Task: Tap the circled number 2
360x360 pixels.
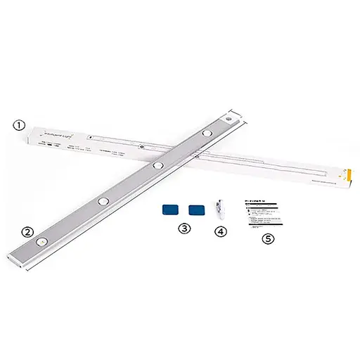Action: (27, 231)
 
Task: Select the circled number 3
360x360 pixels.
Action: (184, 229)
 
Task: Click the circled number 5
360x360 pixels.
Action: (267, 238)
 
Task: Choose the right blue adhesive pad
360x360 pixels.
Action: (196, 209)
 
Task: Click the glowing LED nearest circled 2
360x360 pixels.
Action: (44, 240)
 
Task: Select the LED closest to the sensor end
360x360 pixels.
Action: (207, 132)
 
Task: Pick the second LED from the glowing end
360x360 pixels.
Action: (103, 201)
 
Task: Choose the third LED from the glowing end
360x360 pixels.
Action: (158, 165)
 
